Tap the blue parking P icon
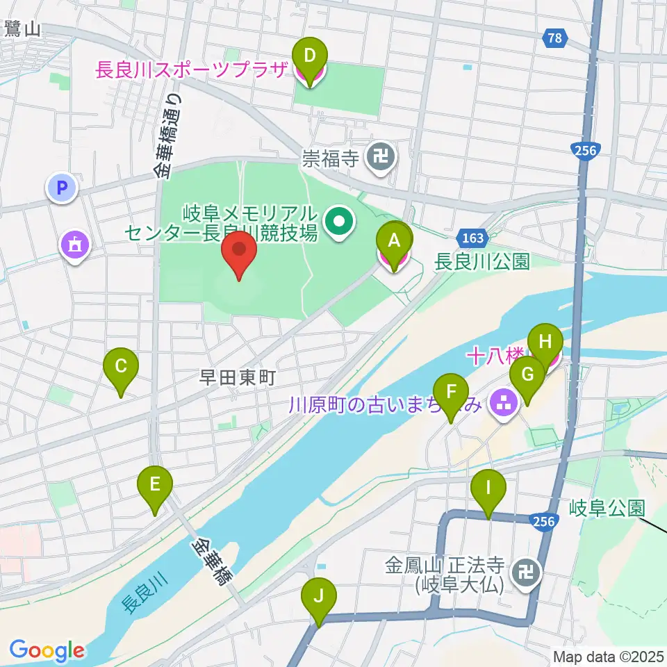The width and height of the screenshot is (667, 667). pyautogui.click(x=62, y=188)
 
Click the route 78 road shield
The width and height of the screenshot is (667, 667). pyautogui.click(x=554, y=39)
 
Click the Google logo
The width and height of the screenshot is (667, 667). pyautogui.click(x=47, y=651)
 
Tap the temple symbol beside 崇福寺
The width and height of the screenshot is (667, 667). pyautogui.click(x=381, y=159)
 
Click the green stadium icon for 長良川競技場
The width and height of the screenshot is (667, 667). pyautogui.click(x=340, y=222)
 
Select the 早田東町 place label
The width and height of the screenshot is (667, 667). pyautogui.click(x=238, y=377)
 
